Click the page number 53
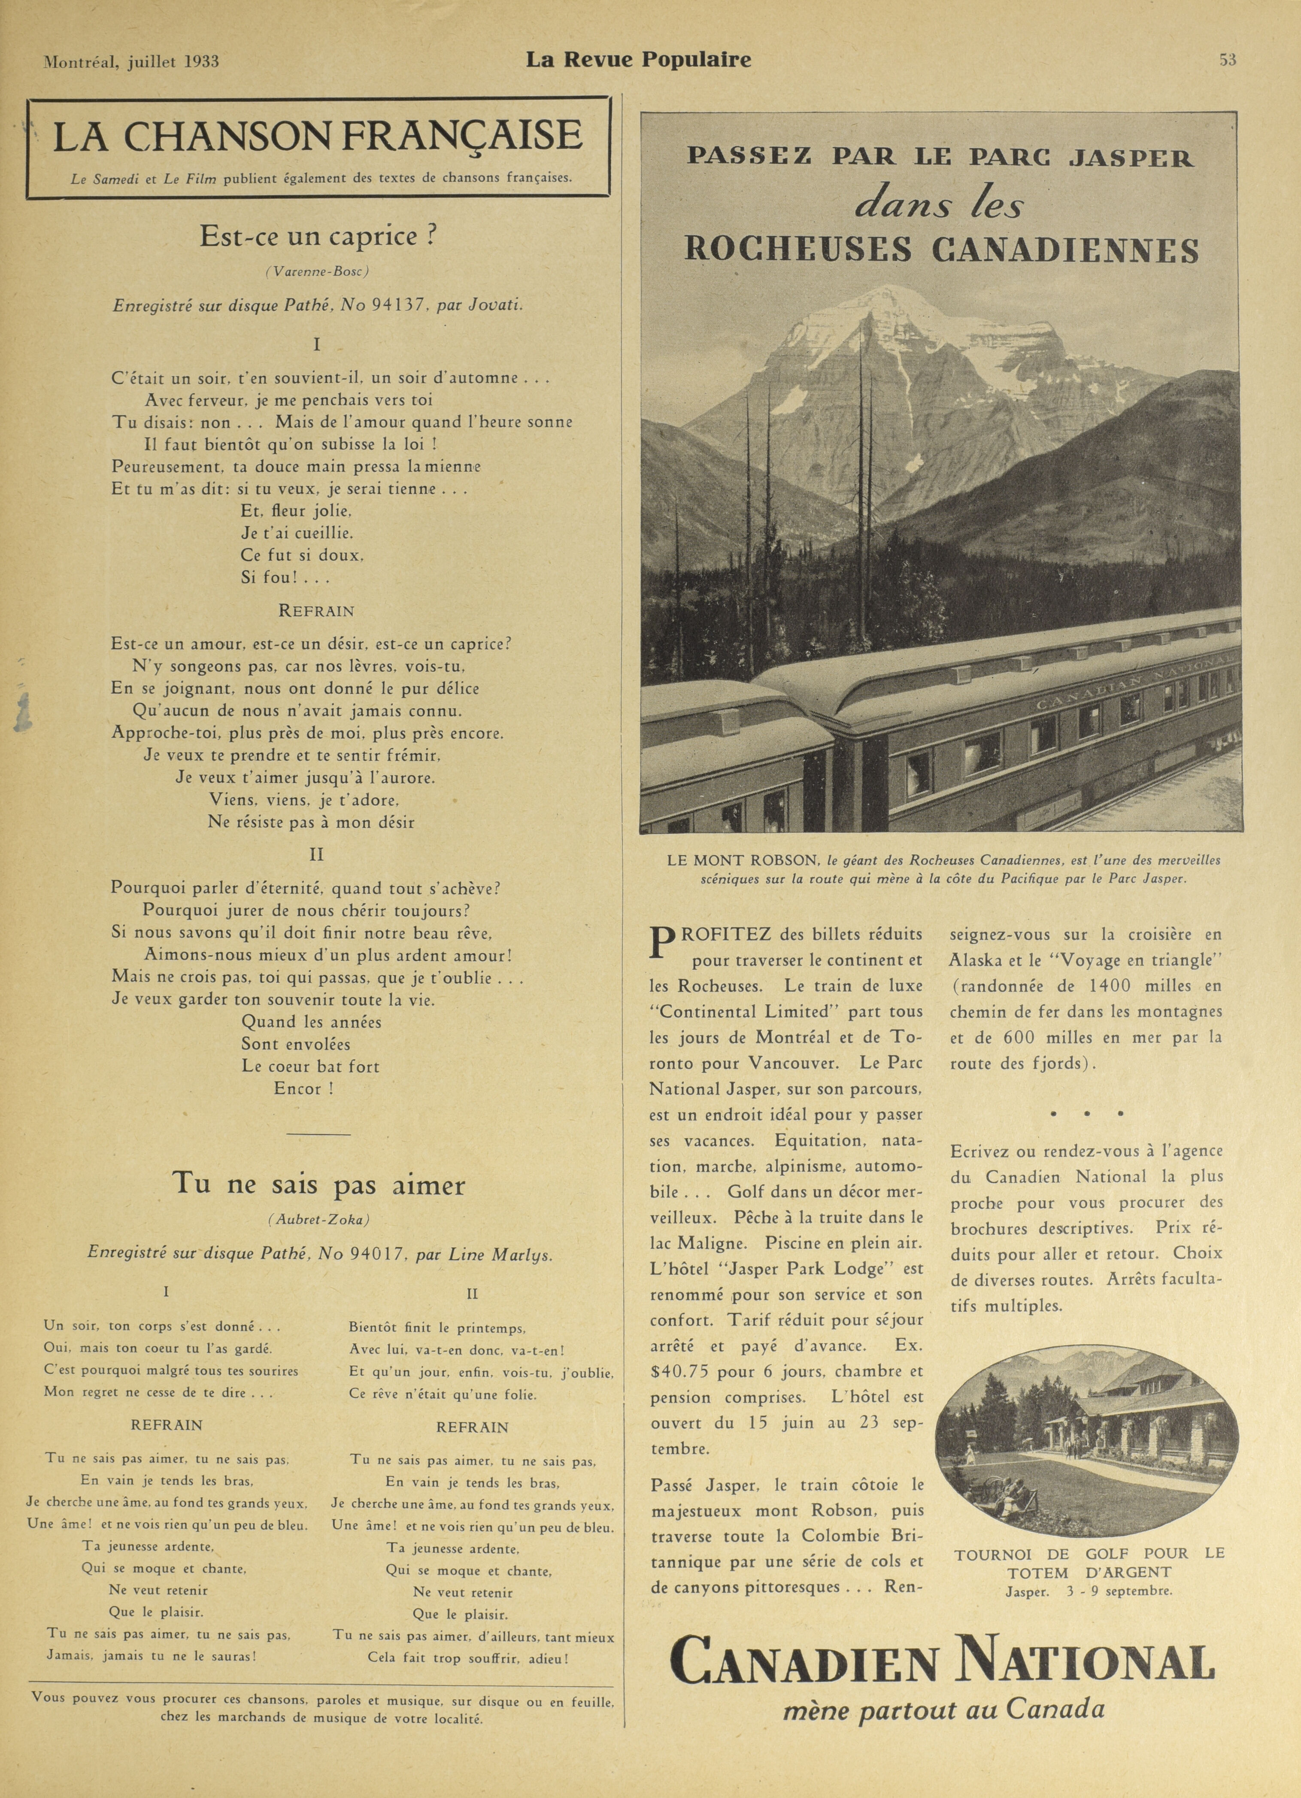tap(1227, 60)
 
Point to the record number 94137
tap(400, 304)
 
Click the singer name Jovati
tap(496, 304)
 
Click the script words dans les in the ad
tap(940, 205)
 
